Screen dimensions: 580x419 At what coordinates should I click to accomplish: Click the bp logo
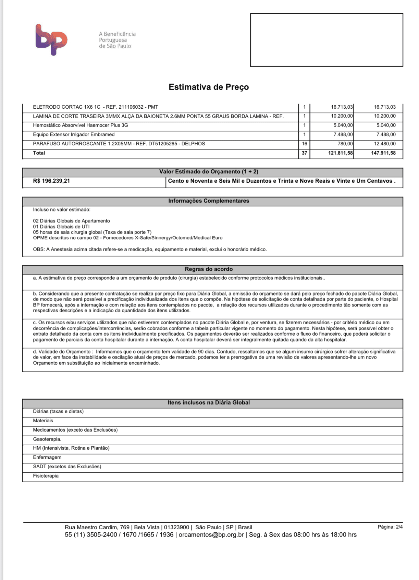point(51,39)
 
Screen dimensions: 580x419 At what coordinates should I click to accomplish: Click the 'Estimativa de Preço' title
point(209,87)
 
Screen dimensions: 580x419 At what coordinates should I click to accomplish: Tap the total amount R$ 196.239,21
point(51,181)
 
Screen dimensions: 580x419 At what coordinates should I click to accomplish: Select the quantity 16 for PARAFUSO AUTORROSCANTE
point(304,144)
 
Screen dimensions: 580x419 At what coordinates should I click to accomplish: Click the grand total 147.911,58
point(383,153)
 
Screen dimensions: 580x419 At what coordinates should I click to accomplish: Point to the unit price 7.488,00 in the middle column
point(343,135)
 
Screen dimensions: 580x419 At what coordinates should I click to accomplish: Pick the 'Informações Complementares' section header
point(209,201)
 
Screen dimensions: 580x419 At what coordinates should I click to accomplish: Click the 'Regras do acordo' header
point(209,269)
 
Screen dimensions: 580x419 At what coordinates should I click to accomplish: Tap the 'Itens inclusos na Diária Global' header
point(209,403)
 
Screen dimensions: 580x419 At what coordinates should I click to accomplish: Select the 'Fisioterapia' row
point(46,476)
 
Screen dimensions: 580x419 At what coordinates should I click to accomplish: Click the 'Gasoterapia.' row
point(47,439)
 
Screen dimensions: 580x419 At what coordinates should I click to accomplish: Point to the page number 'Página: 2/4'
point(390,527)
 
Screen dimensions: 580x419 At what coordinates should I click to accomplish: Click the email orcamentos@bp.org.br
point(211,535)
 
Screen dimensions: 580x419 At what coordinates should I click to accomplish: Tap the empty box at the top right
point(326,40)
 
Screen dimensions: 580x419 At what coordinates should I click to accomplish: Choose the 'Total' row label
point(39,153)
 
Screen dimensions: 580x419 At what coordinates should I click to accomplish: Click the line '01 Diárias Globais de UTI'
point(61,227)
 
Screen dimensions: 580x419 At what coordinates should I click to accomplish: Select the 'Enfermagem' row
point(47,458)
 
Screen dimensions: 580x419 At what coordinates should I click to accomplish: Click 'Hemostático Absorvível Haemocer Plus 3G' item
point(81,125)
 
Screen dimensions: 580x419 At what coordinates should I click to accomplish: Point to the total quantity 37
point(304,153)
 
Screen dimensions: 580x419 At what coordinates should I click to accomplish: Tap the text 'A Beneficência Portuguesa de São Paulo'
point(117,40)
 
